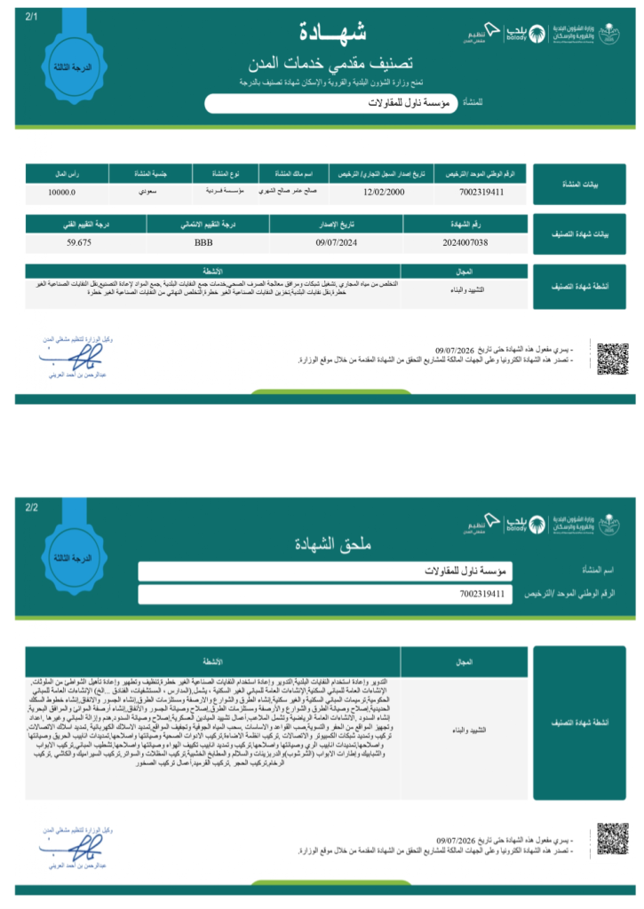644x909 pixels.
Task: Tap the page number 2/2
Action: coord(32,508)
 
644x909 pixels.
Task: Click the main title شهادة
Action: coord(335,34)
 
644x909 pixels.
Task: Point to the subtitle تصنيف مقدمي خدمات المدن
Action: coord(336,63)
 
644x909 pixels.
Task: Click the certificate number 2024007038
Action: coord(470,241)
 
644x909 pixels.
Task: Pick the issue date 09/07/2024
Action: coord(336,241)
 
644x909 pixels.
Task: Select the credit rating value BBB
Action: coord(203,241)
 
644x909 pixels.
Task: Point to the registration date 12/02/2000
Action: coord(385,191)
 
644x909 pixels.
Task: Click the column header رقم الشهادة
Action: coord(470,225)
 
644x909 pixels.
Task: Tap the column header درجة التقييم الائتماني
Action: coord(203,225)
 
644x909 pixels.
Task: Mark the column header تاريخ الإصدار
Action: coord(336,225)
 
